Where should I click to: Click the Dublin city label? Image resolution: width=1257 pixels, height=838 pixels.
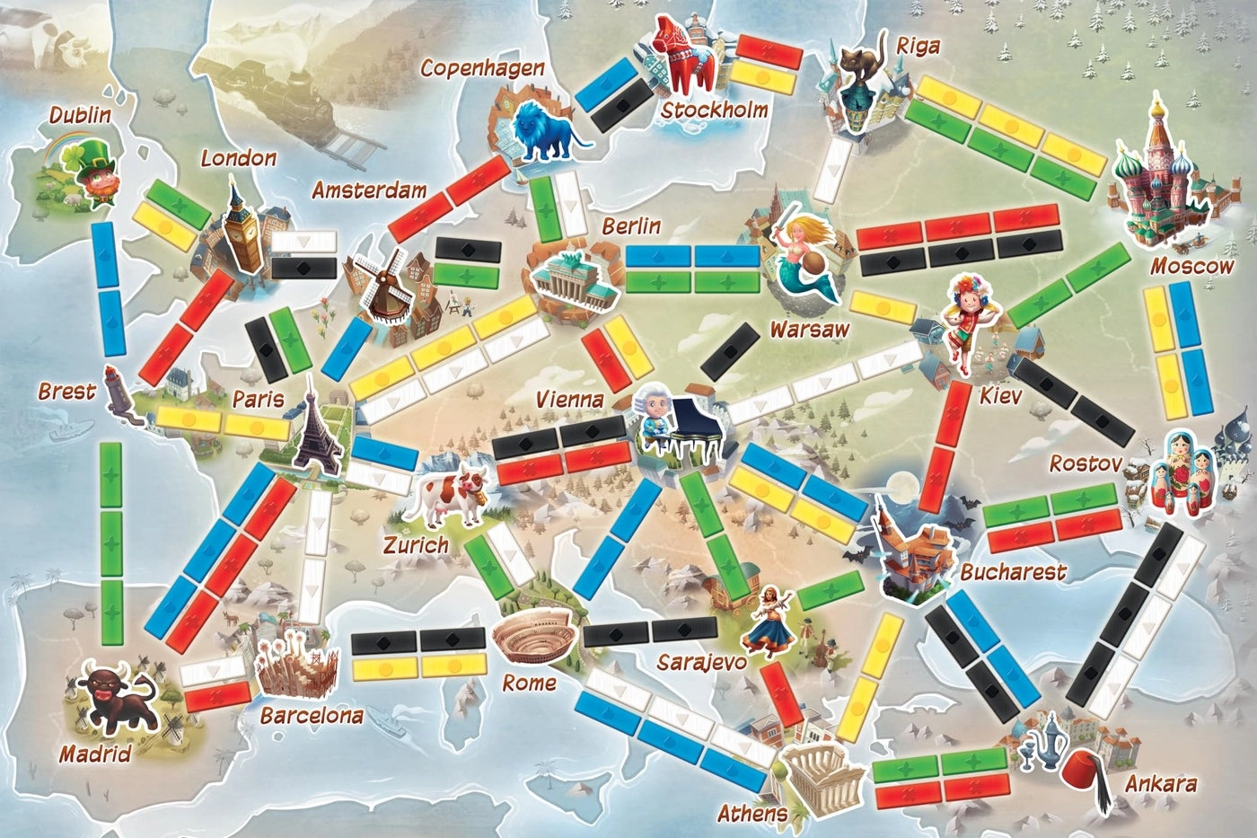tap(80, 115)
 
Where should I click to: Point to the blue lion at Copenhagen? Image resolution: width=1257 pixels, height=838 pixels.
tap(545, 133)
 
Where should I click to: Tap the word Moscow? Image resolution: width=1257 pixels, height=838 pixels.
tap(1191, 266)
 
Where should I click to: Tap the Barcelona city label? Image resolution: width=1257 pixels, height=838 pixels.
tap(312, 717)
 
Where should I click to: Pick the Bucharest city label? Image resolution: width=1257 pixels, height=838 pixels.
tap(1013, 572)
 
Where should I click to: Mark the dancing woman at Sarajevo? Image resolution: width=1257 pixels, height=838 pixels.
tap(769, 619)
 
